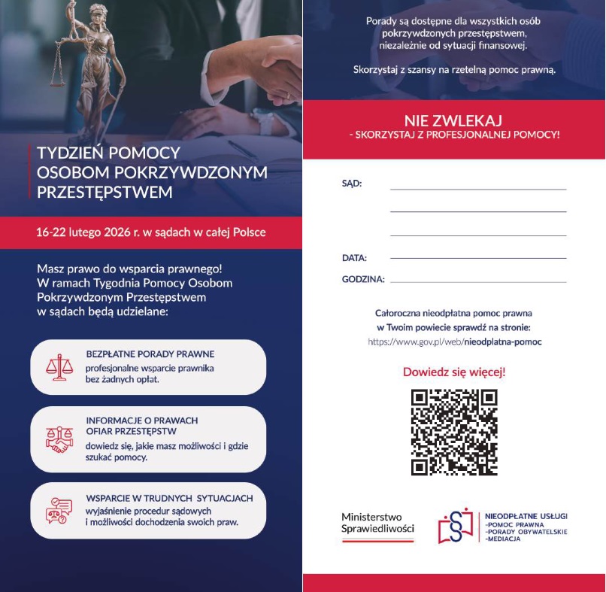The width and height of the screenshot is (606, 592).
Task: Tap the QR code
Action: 454,432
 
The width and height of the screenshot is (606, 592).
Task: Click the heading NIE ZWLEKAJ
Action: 453,120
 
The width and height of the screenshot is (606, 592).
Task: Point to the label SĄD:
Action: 352,183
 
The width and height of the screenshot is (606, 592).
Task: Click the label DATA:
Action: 354,258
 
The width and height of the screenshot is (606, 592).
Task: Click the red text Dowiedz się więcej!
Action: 454,372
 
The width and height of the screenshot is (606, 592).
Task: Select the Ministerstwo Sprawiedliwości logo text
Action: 377,523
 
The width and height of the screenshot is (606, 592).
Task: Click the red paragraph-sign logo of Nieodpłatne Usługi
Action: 456,525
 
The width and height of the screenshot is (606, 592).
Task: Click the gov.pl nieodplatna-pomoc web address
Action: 454,342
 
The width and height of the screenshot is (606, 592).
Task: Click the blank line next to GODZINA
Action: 478,281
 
